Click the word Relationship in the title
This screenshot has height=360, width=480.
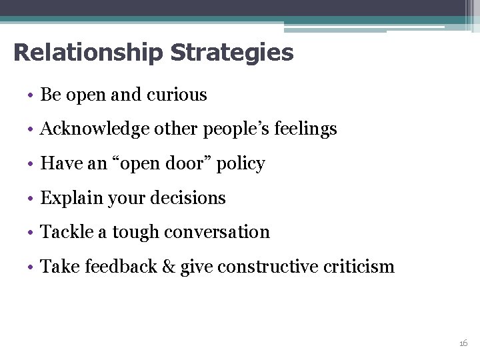pyautogui.click(x=87, y=52)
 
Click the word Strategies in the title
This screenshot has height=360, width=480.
pyautogui.click(x=231, y=52)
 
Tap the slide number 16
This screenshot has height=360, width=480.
pyautogui.click(x=463, y=343)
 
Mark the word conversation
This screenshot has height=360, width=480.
pyautogui.click(x=217, y=233)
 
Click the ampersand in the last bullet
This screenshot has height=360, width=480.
pyautogui.click(x=168, y=267)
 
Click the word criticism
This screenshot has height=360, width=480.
pyautogui.click(x=361, y=267)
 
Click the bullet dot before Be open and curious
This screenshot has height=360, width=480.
pyautogui.click(x=31, y=96)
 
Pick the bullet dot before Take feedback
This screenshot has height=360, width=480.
pyautogui.click(x=31, y=268)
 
